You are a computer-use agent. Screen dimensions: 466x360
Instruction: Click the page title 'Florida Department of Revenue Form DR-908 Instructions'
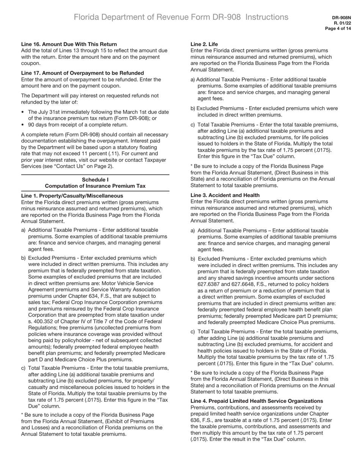pyautogui.click(x=181, y=17)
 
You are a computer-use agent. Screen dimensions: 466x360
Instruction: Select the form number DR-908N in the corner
pyautogui.click(x=341, y=18)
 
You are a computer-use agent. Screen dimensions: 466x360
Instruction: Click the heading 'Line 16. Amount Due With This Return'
pyautogui.click(x=69, y=44)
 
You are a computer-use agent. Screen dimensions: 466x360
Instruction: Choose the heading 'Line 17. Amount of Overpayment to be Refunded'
pyautogui.click(x=83, y=73)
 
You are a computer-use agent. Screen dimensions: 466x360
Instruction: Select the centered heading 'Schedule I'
pyautogui.click(x=95, y=180)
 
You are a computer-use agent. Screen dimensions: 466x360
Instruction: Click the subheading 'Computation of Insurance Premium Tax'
pyautogui.click(x=95, y=186)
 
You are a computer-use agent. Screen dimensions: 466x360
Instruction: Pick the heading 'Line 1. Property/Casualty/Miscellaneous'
pyautogui.click(x=72, y=196)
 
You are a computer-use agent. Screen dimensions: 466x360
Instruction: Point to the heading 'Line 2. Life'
pyautogui.click(x=204, y=44)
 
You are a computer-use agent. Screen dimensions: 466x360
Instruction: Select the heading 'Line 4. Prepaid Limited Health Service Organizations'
pyautogui.click(x=257, y=401)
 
